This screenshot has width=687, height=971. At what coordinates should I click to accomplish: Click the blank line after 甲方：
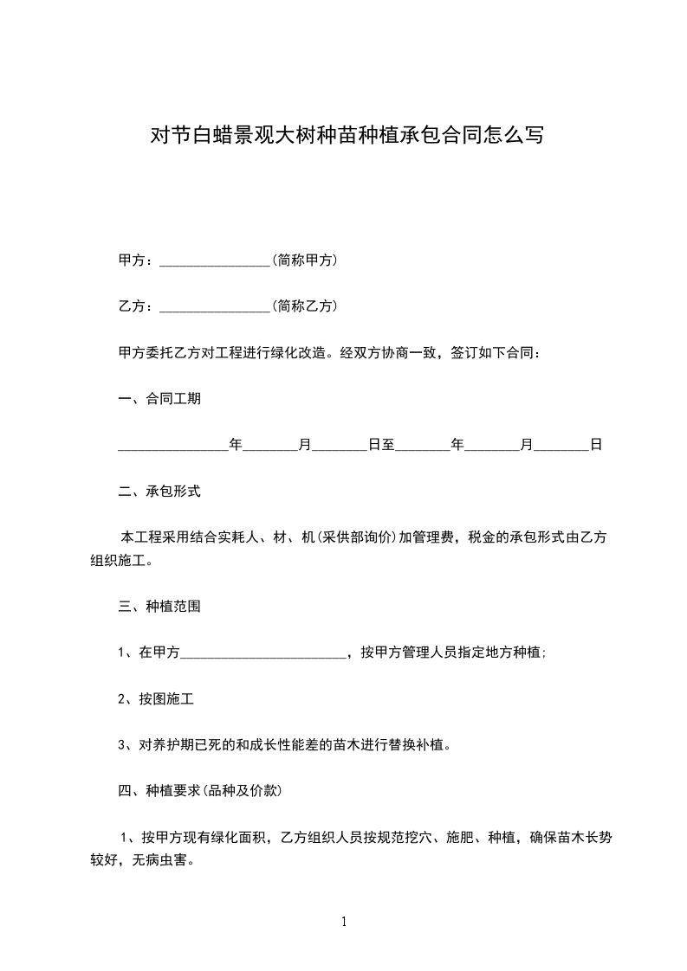tap(216, 260)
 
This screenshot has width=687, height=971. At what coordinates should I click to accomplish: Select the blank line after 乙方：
tap(216, 307)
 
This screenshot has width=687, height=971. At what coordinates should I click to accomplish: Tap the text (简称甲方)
tap(304, 260)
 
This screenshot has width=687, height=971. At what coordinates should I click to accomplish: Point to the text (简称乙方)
tap(304, 306)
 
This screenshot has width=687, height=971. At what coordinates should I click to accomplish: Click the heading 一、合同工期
tap(159, 399)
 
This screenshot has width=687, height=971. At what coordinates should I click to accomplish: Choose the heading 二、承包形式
tap(159, 492)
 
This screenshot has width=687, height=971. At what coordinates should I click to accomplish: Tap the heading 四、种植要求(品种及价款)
tap(199, 791)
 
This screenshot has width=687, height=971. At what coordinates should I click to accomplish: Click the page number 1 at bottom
tap(344, 922)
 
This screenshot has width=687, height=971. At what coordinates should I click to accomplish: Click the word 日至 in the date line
tap(382, 445)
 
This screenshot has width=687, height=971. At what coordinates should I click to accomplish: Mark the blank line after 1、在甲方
tap(262, 654)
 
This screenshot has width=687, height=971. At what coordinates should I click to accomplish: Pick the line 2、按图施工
tap(150, 699)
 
